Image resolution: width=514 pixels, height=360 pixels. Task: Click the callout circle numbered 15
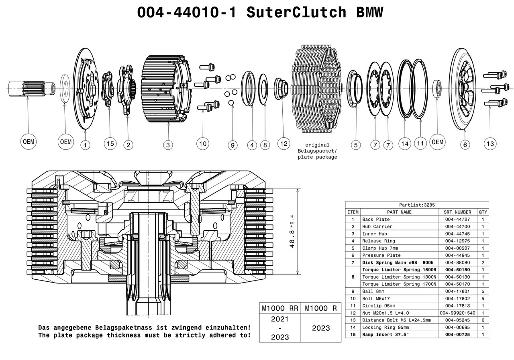110,144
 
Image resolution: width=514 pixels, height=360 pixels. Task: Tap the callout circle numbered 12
284,143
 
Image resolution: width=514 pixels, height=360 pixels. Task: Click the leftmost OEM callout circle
29,142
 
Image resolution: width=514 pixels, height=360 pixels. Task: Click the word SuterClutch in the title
296,12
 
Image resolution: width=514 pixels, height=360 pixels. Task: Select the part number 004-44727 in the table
457,220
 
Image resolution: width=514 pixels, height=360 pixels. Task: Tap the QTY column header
483,212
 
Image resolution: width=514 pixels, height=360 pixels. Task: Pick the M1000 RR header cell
280,308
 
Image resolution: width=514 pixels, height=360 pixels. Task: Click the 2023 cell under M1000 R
321,328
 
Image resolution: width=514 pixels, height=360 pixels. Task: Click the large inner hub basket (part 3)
165,87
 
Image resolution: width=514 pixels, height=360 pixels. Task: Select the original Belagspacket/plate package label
317,151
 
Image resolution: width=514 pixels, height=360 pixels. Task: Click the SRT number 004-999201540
457,313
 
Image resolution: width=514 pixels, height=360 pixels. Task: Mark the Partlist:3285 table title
417,205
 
